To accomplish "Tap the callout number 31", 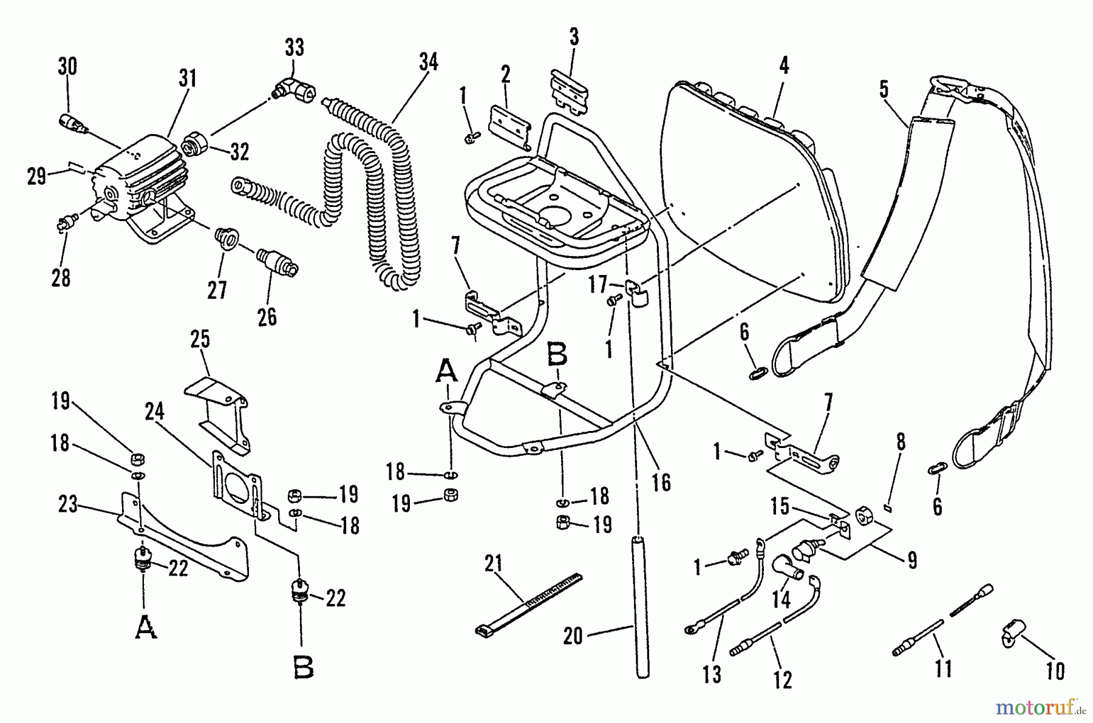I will click(188, 78).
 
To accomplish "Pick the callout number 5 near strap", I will click(884, 89).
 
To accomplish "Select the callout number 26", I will click(267, 316).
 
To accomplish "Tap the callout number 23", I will click(67, 504).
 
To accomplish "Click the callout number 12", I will click(783, 680).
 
